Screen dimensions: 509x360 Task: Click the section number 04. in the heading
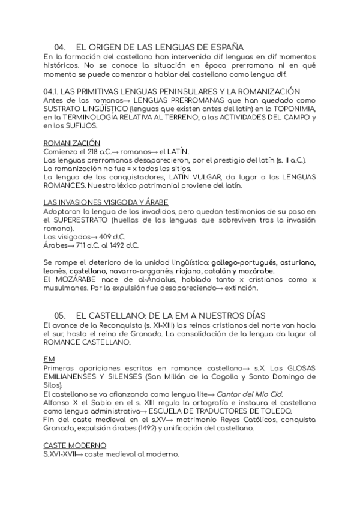[x=60, y=47]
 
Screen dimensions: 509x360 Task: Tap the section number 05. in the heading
[x=60, y=315]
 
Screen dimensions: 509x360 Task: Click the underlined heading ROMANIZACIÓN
[x=72, y=143]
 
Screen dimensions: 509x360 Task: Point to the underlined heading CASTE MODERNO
[x=75, y=445]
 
